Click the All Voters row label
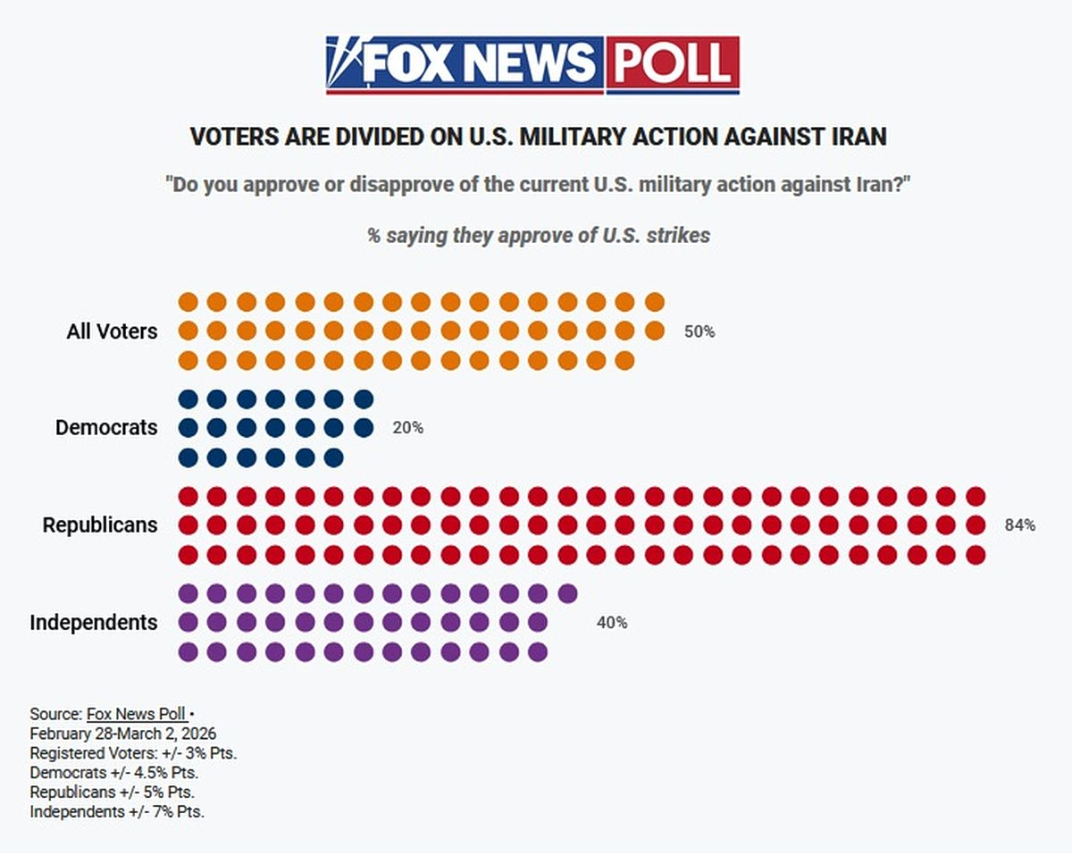point(112,331)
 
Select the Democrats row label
point(106,428)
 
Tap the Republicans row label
point(100,525)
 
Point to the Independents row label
point(94,623)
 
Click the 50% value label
point(699,331)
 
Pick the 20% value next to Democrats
point(407,428)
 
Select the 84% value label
point(1020,525)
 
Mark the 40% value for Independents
point(612,623)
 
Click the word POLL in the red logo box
point(673,63)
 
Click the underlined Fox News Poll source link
point(136,714)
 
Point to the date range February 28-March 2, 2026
point(122,734)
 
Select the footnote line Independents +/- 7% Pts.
point(117,812)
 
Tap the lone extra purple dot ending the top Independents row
point(566,593)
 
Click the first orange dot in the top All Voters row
point(188,302)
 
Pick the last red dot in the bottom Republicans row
point(976,555)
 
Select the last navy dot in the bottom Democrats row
point(333,457)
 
